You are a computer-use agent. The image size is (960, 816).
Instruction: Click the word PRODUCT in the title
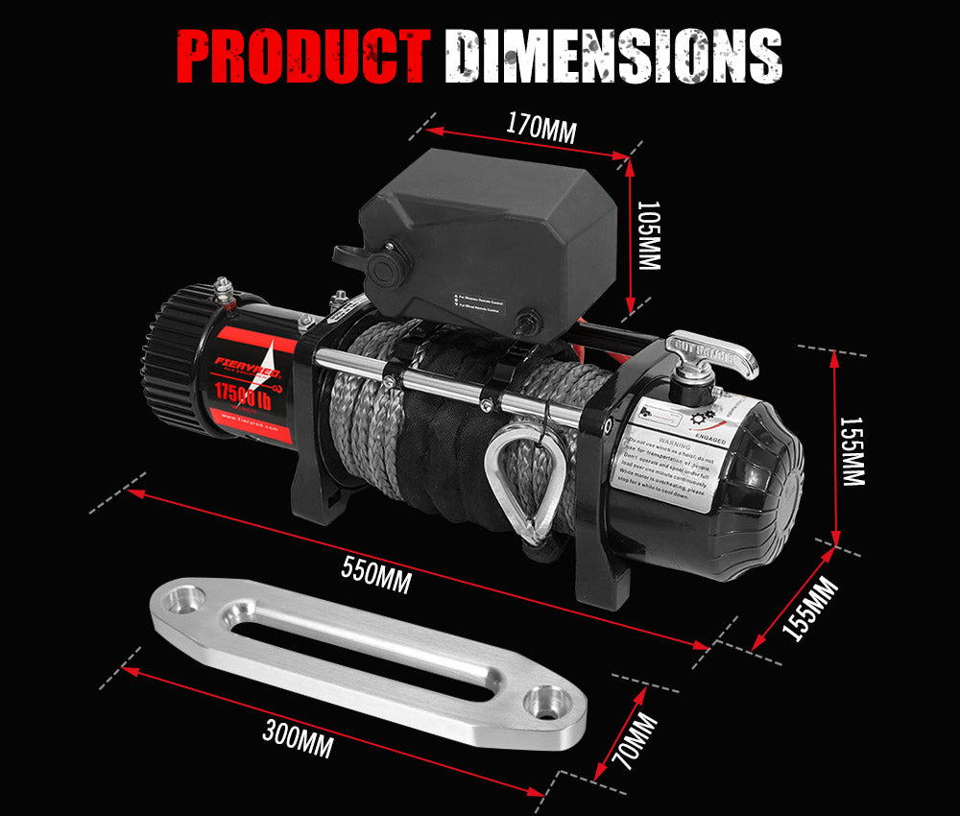point(303,57)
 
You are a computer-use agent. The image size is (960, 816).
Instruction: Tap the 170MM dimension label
point(540,128)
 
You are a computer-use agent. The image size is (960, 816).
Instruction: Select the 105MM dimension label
point(650,235)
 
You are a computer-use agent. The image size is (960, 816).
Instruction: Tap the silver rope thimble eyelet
point(522,480)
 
